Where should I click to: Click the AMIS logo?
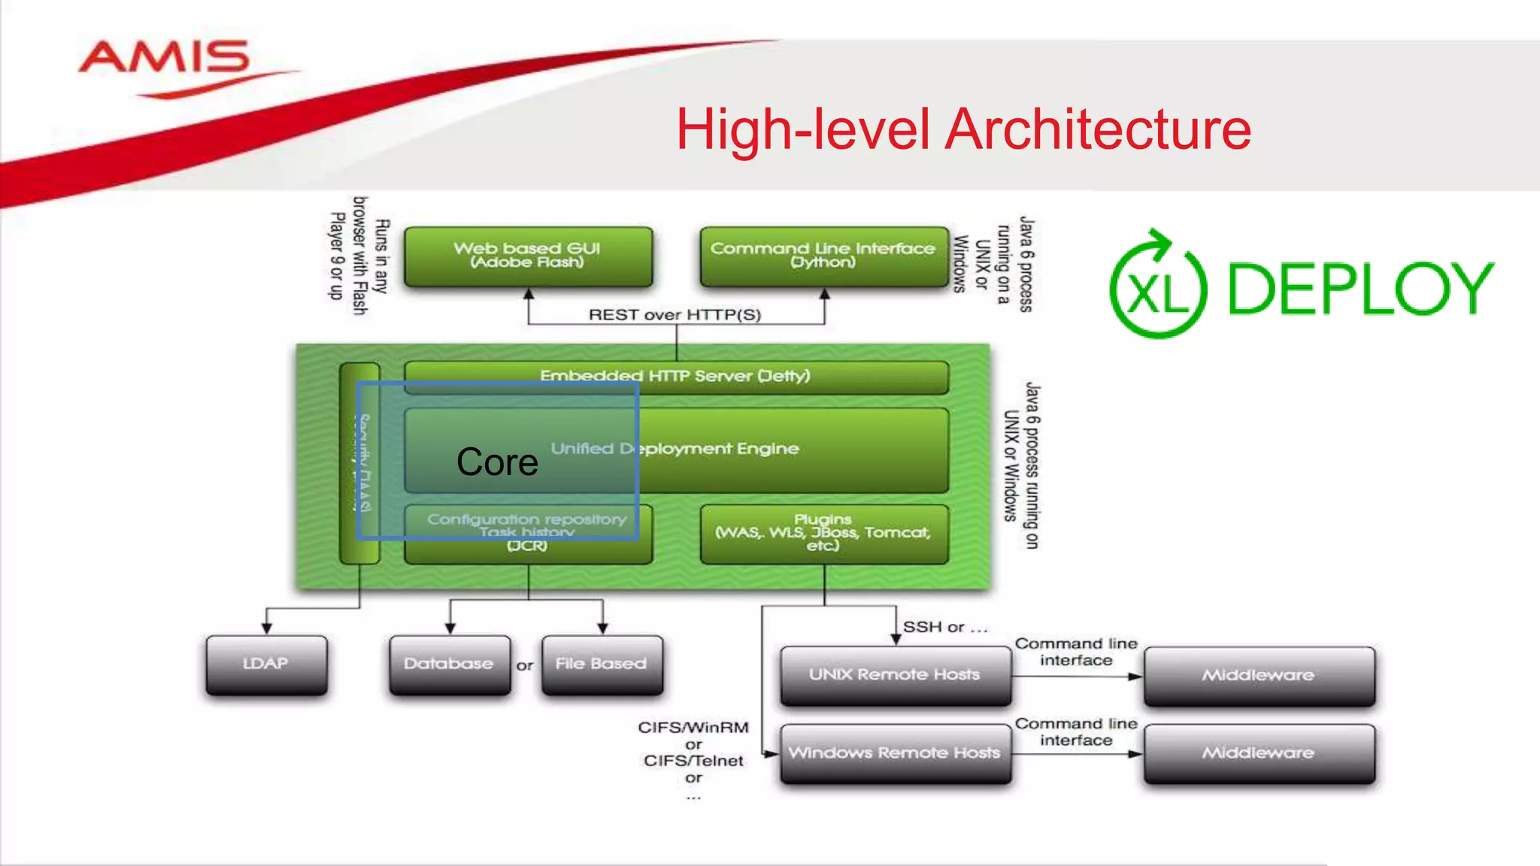coord(164,60)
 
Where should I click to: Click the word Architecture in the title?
coord(1098,129)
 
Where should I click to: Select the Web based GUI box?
coord(528,256)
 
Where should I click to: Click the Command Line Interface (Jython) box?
coord(823,256)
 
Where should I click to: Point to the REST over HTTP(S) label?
coord(675,314)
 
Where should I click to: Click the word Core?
coord(497,462)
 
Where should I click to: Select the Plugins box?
coord(823,533)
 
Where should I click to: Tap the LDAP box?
coord(266,665)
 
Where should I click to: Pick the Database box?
coord(449,665)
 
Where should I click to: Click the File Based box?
coord(602,665)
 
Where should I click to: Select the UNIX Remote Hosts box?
coord(895,675)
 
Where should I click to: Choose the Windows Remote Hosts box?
coord(895,753)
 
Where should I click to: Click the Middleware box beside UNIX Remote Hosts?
coord(1259,676)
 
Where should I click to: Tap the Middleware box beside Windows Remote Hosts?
coord(1259,753)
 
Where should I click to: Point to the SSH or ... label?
coord(944,627)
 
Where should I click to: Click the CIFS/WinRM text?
coord(693,728)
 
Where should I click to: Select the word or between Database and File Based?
coord(525,665)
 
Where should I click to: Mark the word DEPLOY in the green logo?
coord(1360,289)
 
